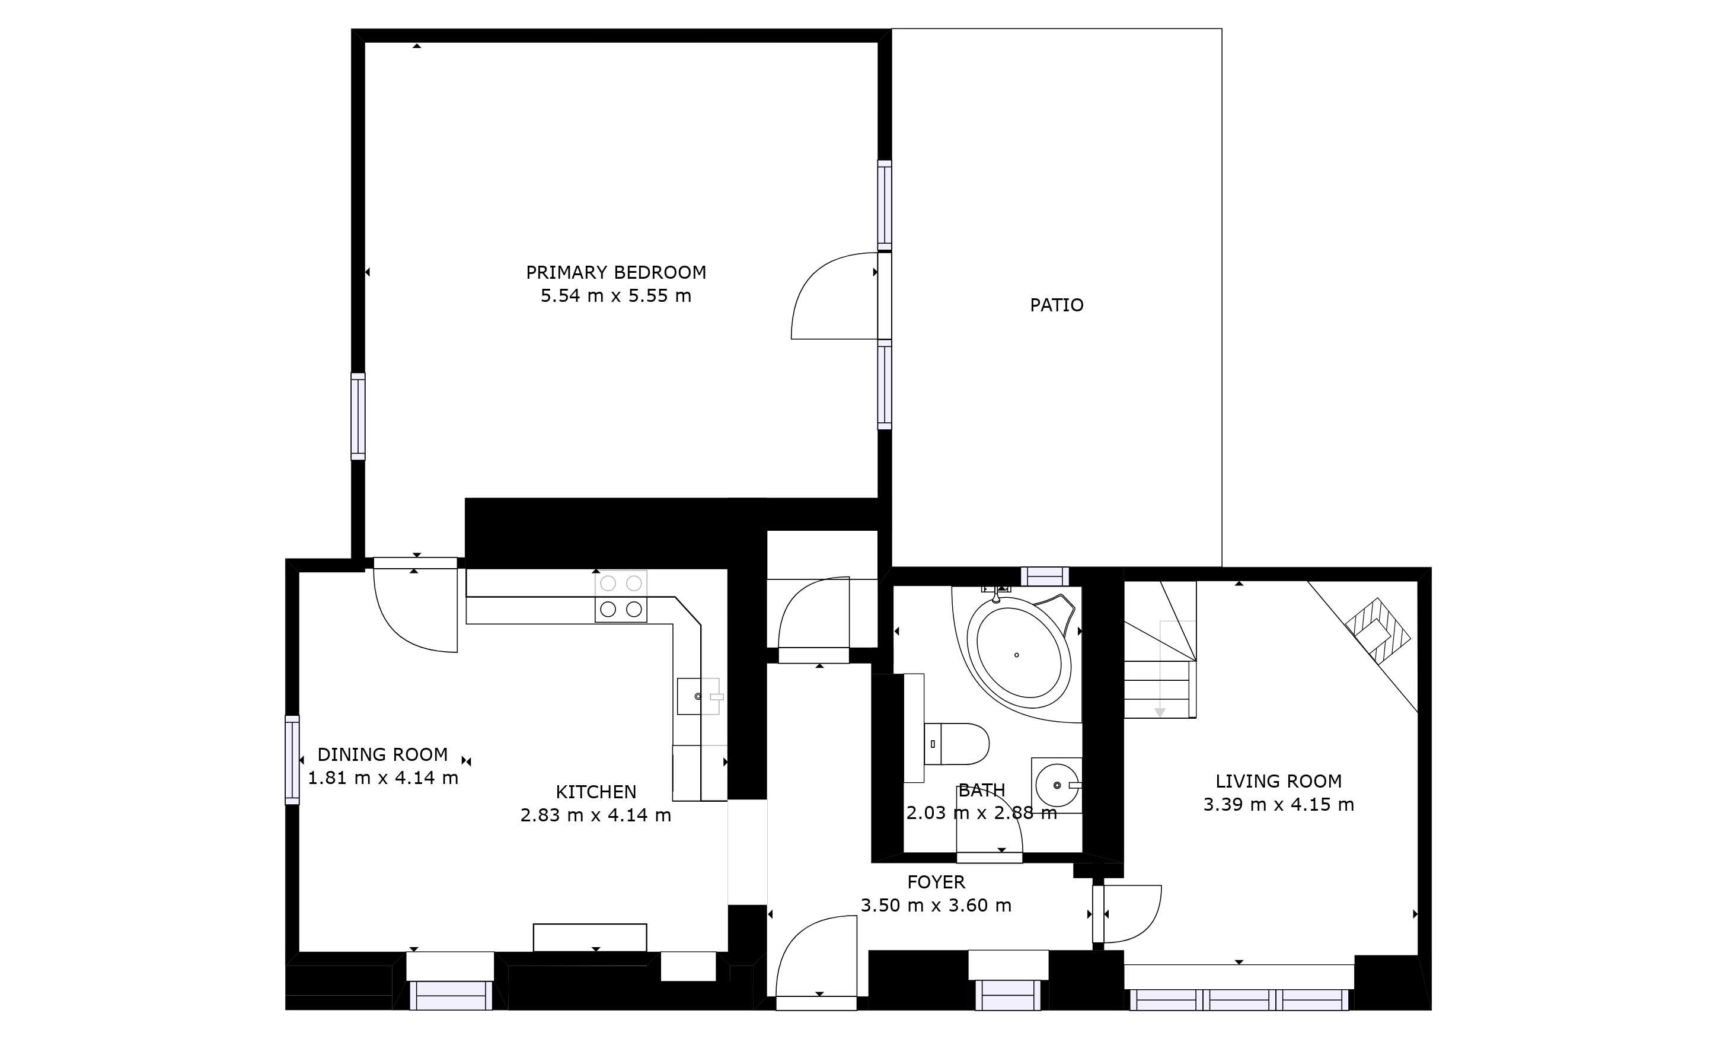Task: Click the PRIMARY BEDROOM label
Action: coord(616,273)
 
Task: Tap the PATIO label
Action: coord(1057,305)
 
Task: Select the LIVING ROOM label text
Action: coord(1279,781)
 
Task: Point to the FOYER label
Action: coord(936,882)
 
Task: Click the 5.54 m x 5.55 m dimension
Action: coord(616,295)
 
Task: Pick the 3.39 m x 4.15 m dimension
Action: coord(1279,805)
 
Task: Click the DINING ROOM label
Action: coord(382,755)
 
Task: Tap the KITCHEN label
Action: coord(596,792)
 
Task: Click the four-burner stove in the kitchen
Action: coord(621,597)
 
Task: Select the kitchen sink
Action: coord(698,696)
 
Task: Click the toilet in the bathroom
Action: coord(956,744)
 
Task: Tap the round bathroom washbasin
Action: coord(1057,785)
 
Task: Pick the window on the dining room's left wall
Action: coord(292,760)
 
